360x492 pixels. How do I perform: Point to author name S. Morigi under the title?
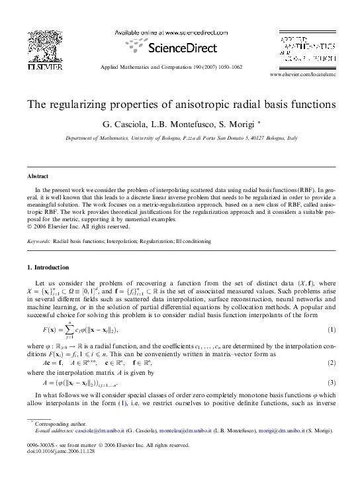tap(237, 124)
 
